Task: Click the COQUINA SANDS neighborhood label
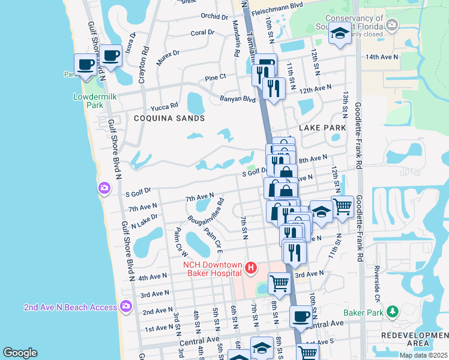click(169, 118)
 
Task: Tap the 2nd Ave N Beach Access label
click(70, 307)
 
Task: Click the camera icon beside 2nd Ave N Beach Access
click(125, 306)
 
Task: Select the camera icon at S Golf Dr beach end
click(105, 189)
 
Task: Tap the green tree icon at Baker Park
click(393, 311)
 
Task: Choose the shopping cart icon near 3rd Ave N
click(279, 282)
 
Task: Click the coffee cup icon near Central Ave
click(301, 316)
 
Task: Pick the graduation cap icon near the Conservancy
click(340, 34)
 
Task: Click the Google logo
click(20, 353)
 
